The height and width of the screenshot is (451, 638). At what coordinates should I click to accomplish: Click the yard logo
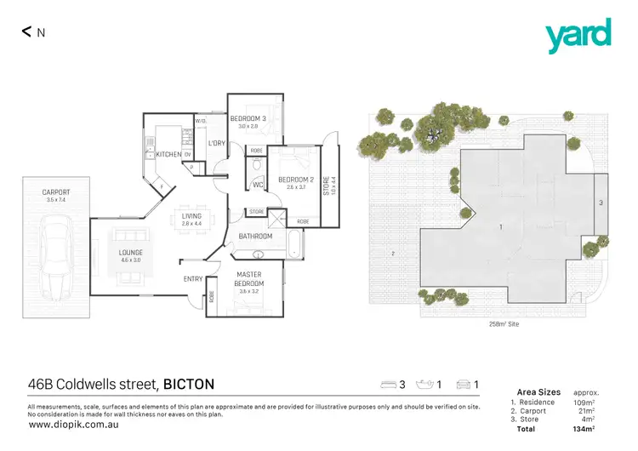(x=578, y=35)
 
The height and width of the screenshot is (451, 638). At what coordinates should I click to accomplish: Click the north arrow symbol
(x=27, y=32)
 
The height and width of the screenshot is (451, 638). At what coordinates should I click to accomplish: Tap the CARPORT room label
(x=56, y=192)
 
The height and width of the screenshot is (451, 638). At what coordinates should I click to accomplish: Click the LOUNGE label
(x=131, y=253)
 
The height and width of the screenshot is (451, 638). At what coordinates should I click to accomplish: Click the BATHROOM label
(x=255, y=236)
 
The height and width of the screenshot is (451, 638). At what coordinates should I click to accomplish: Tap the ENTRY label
(x=193, y=278)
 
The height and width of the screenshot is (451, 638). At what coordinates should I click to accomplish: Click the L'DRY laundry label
(x=217, y=144)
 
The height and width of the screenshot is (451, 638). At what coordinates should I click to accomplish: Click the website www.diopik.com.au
(x=67, y=424)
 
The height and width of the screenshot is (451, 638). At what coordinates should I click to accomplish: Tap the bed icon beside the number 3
(x=389, y=385)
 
